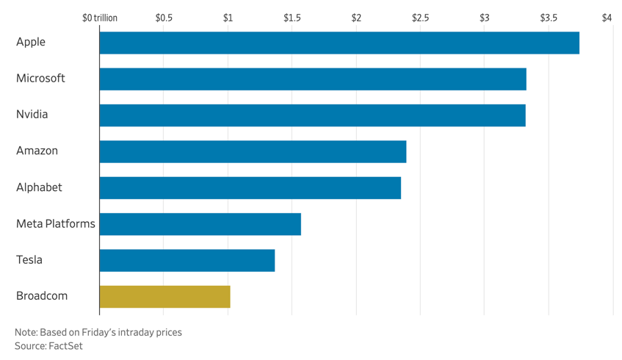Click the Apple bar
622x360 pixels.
click(339, 43)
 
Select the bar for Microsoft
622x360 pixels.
click(313, 79)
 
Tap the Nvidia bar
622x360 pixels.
click(312, 115)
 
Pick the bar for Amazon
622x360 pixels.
click(253, 151)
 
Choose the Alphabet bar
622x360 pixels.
click(250, 187)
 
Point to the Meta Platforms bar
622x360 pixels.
click(200, 224)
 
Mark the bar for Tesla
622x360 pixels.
click(187, 260)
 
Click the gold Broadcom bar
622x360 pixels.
click(164, 296)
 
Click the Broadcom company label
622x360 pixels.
click(42, 296)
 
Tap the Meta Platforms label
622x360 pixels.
click(56, 224)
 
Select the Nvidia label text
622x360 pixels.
click(32, 115)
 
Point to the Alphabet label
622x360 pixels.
click(39, 187)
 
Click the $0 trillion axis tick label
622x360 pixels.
click(100, 18)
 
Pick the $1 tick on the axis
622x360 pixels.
click(228, 18)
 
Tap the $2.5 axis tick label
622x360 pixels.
click(420, 18)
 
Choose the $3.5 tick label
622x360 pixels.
click(549, 18)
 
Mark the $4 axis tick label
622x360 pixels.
click(607, 18)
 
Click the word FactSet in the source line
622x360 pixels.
click(66, 345)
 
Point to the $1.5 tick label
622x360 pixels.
click(292, 18)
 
